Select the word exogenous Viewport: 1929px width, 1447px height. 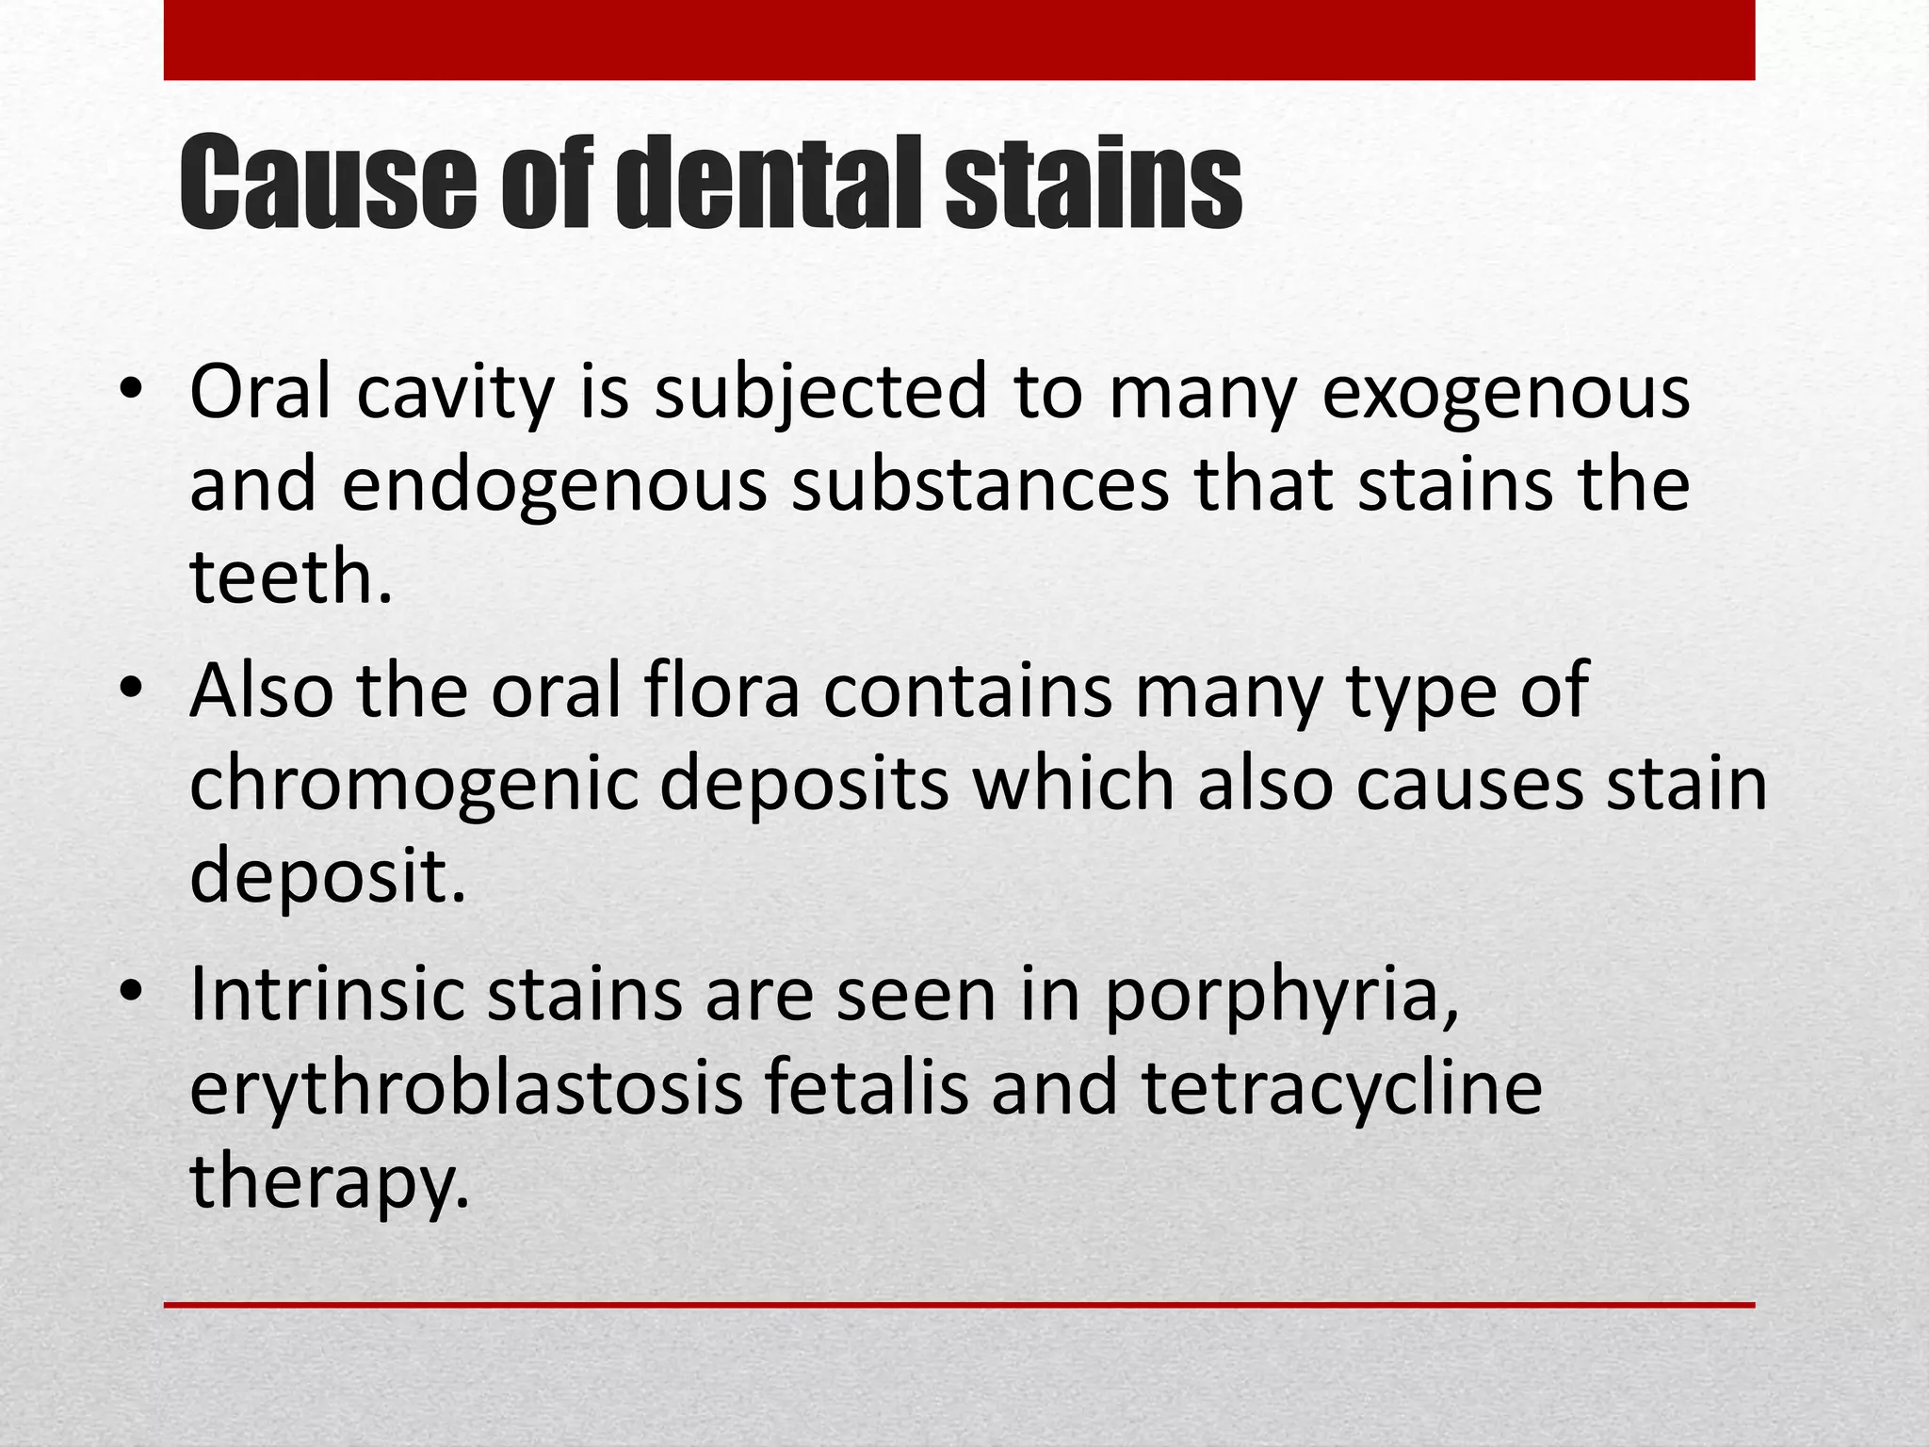tap(1506, 393)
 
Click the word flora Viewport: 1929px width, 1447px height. tap(721, 692)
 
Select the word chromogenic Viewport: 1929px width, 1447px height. tap(413, 785)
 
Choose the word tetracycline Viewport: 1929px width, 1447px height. tap(1342, 1088)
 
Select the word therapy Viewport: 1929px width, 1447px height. tap(329, 1181)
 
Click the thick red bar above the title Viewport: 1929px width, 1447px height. tap(959, 40)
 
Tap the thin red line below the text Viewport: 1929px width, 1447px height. tap(959, 1305)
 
